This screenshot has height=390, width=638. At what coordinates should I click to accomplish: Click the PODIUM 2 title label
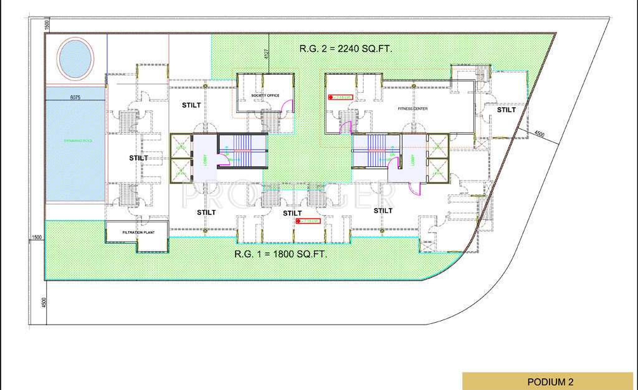point(549,381)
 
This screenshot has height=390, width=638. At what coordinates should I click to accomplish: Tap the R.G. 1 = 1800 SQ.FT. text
point(281,254)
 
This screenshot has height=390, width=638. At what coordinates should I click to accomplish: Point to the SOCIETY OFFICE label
point(265,95)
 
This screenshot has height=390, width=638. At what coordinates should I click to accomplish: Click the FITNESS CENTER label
point(413,109)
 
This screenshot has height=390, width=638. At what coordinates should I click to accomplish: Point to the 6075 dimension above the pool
point(75,98)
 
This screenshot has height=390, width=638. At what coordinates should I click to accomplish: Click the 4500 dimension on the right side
point(540,133)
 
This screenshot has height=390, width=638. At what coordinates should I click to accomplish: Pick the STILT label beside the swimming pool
point(138,158)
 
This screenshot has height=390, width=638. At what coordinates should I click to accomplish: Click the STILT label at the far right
point(506,110)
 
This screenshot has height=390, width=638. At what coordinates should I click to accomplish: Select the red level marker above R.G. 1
point(307,221)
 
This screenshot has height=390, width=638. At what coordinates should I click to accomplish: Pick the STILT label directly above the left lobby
point(191,105)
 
